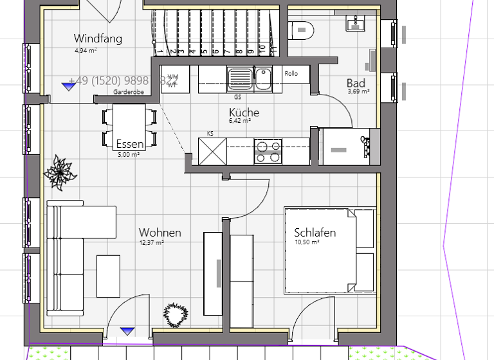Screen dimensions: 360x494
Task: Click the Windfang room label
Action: click(98, 39)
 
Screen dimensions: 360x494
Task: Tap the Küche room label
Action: click(244, 113)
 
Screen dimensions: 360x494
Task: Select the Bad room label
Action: click(356, 83)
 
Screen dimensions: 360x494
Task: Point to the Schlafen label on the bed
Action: click(315, 232)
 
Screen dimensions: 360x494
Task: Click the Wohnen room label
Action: click(160, 232)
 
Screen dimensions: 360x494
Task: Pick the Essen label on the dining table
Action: click(130, 144)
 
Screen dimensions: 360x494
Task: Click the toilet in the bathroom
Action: click(301, 30)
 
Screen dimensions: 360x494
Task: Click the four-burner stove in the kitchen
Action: click(268, 151)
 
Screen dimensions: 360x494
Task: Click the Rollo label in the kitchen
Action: click(291, 73)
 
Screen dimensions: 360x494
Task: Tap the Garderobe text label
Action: click(129, 93)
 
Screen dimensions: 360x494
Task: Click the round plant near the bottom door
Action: click(176, 314)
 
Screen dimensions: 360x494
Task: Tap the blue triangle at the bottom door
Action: click(128, 330)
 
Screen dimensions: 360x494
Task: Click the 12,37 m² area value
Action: click(152, 243)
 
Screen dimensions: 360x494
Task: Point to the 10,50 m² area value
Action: click(307, 242)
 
